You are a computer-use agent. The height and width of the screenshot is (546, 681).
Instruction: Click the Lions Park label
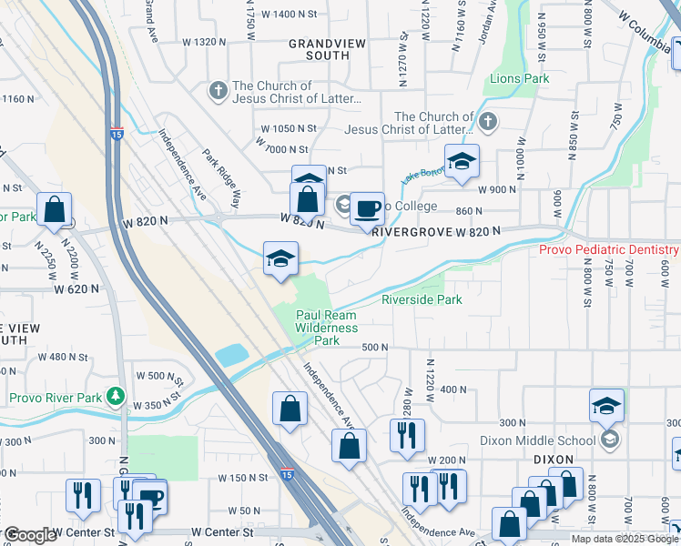click(x=520, y=79)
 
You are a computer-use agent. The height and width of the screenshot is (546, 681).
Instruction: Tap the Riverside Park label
click(x=422, y=299)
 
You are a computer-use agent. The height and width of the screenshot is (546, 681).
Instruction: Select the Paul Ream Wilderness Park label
click(x=327, y=328)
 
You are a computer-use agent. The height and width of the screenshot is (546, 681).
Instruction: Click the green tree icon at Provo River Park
click(x=115, y=395)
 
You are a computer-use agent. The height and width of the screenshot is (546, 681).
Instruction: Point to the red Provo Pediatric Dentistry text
click(x=608, y=249)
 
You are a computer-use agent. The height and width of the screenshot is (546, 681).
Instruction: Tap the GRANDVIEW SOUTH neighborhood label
click(x=319, y=49)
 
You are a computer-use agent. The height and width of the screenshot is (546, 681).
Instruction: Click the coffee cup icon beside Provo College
click(x=367, y=208)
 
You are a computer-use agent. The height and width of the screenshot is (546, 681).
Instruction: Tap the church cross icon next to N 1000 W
click(x=489, y=121)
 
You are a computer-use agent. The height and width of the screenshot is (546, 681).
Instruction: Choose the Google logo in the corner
click(x=29, y=535)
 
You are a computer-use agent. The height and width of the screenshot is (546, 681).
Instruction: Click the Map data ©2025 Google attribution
click(x=625, y=539)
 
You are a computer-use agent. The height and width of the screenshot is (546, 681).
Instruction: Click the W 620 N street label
click(x=76, y=288)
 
